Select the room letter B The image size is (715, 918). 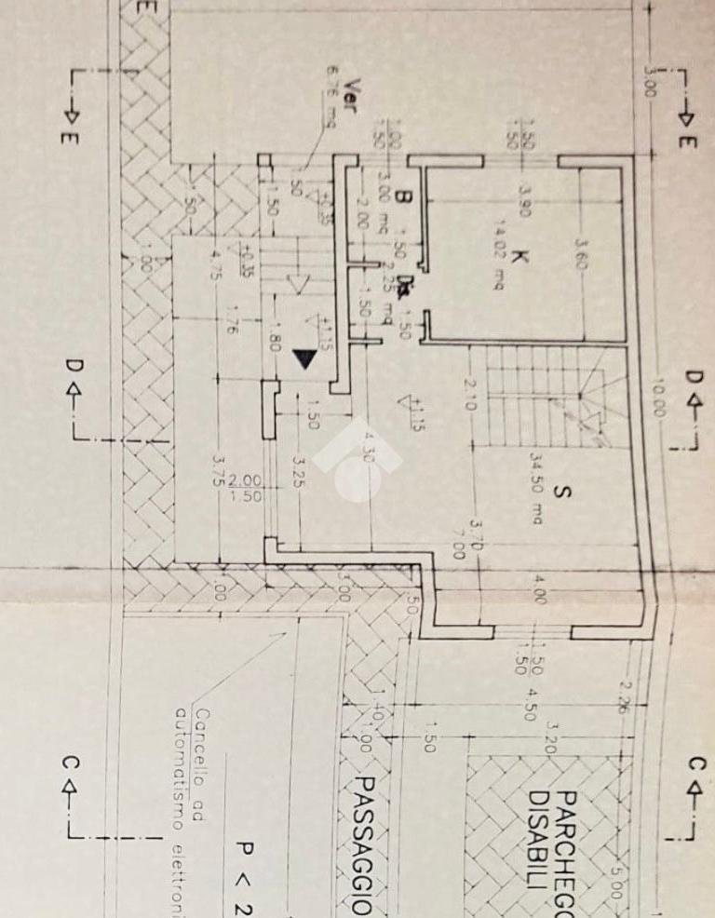[402, 197]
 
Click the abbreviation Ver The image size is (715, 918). [351, 91]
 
